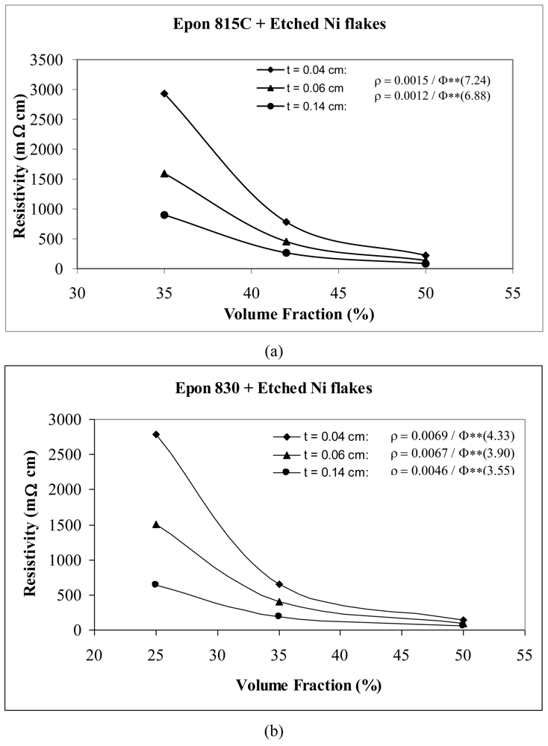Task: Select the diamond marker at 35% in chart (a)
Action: pos(164,94)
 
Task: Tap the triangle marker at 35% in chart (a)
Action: pos(164,173)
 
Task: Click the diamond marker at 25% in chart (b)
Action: pos(156,434)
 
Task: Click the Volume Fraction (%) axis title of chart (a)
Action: pos(282,313)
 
